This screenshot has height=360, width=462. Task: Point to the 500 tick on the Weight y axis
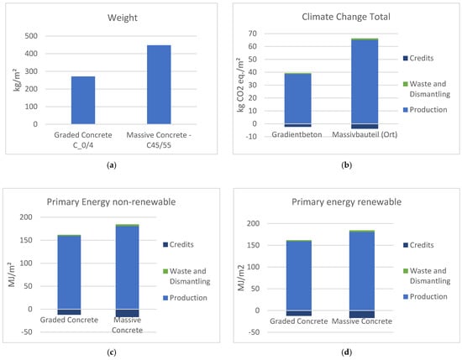click(x=29, y=36)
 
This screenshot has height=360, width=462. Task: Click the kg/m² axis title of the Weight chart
click(x=11, y=80)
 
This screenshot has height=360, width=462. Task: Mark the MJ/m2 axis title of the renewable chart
click(x=240, y=267)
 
